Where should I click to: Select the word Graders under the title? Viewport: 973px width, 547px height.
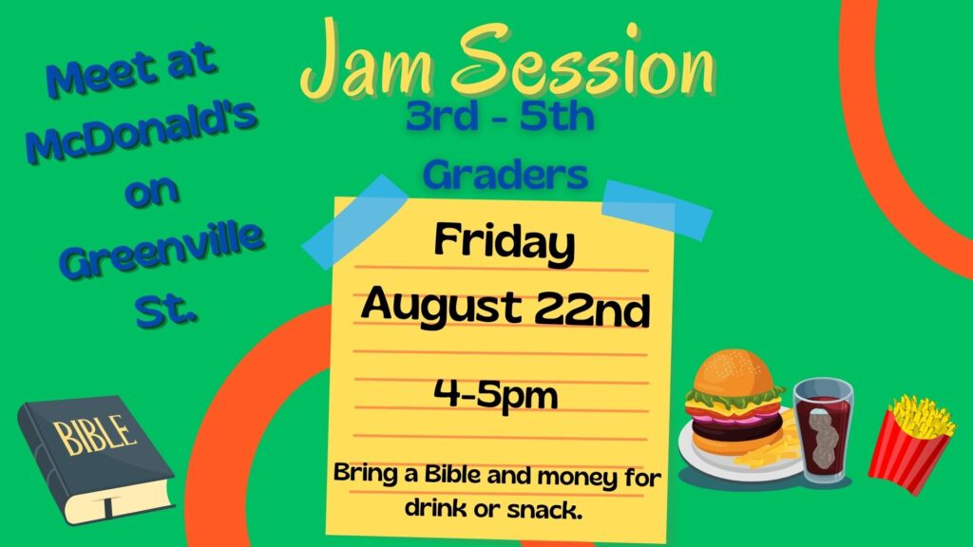(506, 175)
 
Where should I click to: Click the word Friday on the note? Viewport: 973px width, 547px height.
(504, 243)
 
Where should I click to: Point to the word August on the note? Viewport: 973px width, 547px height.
(441, 306)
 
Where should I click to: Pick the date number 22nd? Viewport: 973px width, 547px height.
(592, 310)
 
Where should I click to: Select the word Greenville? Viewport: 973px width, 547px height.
(162, 251)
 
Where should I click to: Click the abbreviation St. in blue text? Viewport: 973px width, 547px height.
(166, 309)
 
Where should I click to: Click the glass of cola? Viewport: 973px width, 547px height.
(824, 430)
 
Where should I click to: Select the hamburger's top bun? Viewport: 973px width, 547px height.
(734, 372)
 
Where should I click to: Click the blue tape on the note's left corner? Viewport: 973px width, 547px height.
(354, 221)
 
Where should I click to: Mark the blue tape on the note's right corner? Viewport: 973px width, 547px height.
(658, 210)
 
